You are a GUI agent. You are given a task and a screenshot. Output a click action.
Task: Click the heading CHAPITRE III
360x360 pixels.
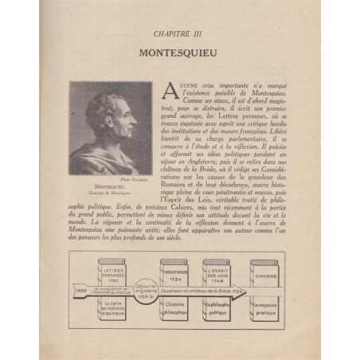pos(180,34)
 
